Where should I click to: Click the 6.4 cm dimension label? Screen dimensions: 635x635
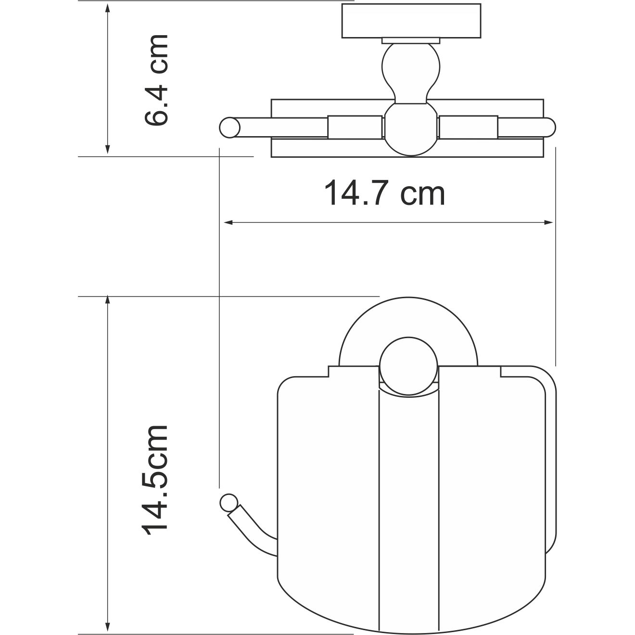(x=157, y=80)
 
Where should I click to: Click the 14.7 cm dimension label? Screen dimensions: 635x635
(x=384, y=193)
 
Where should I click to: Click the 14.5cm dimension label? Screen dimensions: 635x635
(x=155, y=478)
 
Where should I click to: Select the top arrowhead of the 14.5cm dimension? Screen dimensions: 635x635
(x=108, y=302)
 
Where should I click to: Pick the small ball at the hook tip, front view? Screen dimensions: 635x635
(x=228, y=502)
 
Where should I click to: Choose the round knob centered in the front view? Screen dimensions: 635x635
(x=408, y=366)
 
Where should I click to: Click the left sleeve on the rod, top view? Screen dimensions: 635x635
(x=355, y=127)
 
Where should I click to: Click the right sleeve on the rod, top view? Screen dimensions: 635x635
(x=469, y=127)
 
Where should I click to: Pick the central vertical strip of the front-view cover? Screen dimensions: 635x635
(x=408, y=505)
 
